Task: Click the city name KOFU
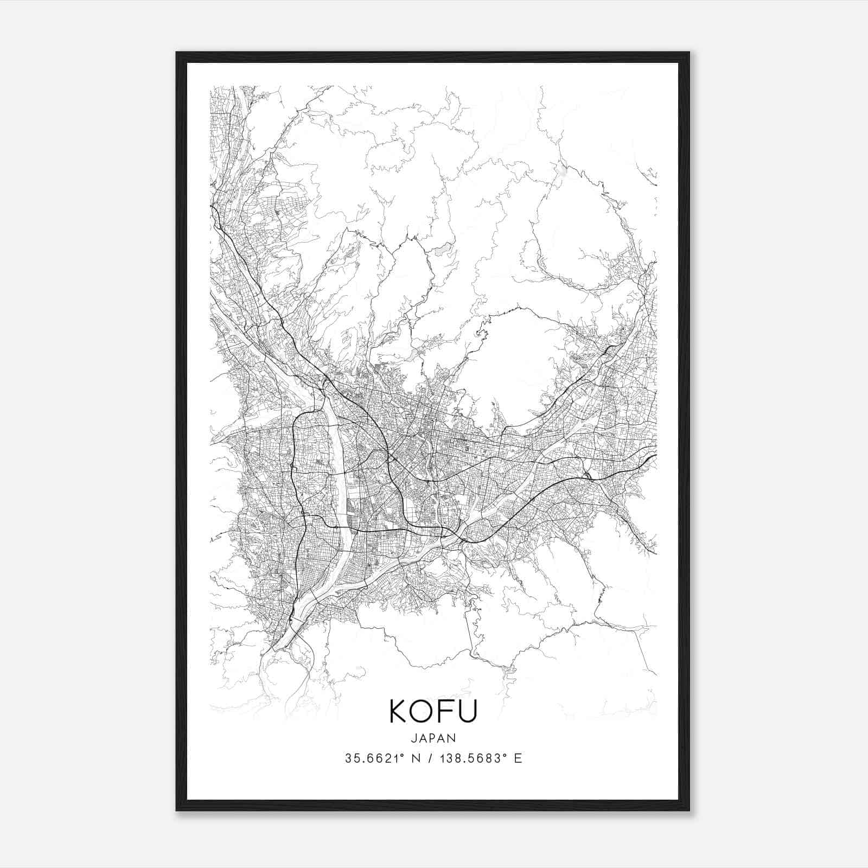tap(433, 711)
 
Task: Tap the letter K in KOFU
tap(400, 711)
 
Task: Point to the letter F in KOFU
tap(449, 711)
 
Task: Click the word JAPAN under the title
tap(433, 738)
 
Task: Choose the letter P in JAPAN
tap(434, 738)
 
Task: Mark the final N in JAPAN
tap(452, 738)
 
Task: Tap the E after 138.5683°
tap(518, 758)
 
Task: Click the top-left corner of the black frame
tap(177, 53)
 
